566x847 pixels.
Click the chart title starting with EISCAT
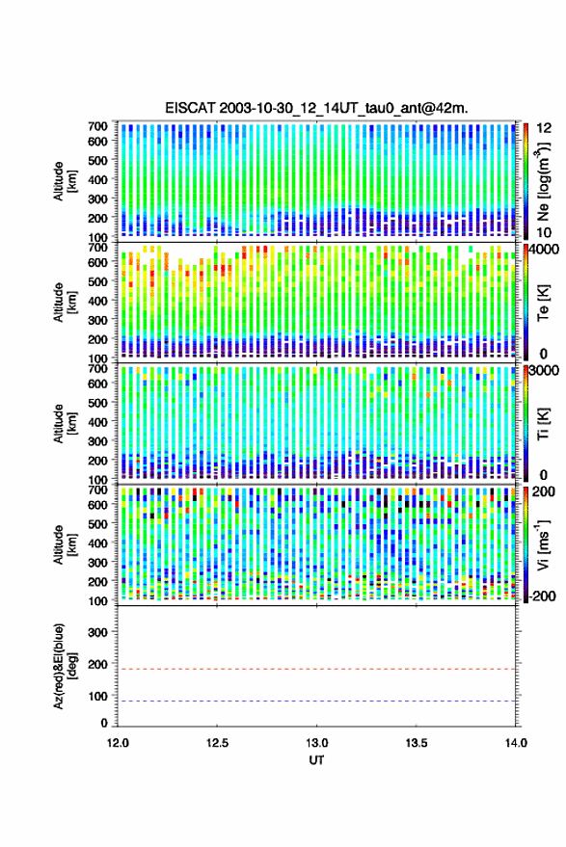(317, 108)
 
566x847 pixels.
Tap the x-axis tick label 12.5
(217, 743)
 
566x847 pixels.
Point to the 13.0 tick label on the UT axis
(317, 743)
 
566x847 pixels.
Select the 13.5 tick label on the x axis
(417, 743)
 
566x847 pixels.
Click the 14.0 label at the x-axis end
(516, 743)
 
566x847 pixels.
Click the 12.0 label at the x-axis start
(118, 743)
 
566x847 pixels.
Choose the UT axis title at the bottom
(317, 760)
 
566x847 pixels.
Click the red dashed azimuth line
(317, 669)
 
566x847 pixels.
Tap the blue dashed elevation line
(317, 701)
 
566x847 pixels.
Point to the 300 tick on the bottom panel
(98, 632)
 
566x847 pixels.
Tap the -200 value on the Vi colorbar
(541, 596)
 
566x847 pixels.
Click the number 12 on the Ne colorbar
(545, 128)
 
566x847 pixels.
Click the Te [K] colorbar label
(543, 303)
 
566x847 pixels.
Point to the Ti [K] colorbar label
(543, 424)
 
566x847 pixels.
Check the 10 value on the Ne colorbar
(545, 233)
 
